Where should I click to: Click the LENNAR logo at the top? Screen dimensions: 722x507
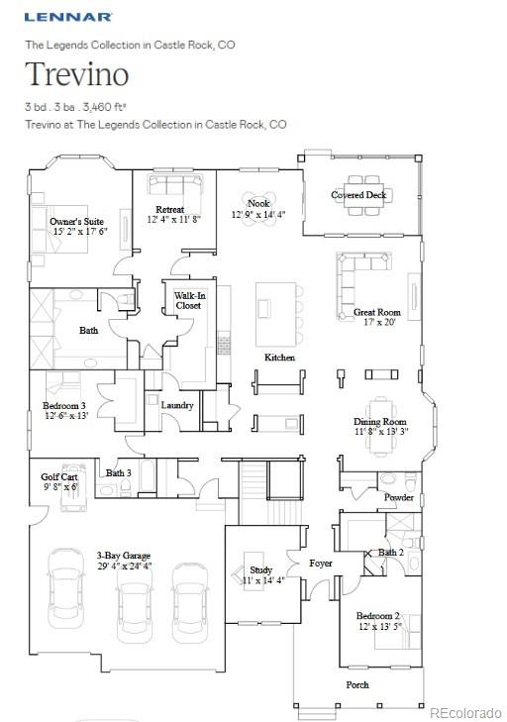pyautogui.click(x=68, y=17)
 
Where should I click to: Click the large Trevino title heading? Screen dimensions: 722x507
pyautogui.click(x=76, y=75)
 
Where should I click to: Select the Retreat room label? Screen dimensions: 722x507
pyautogui.click(x=169, y=210)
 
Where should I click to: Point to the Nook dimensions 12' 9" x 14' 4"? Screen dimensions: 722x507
pyautogui.click(x=258, y=214)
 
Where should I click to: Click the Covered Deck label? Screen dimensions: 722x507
pyautogui.click(x=358, y=195)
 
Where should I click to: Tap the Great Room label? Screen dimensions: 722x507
pyautogui.click(x=377, y=312)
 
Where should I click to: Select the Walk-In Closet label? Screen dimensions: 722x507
pyautogui.click(x=187, y=301)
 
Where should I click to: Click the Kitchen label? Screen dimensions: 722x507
pyautogui.click(x=279, y=357)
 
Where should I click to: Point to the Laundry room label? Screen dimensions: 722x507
pyautogui.click(x=177, y=405)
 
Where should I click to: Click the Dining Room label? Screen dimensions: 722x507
pyautogui.click(x=380, y=422)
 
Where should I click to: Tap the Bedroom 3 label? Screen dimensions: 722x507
pyautogui.click(x=64, y=406)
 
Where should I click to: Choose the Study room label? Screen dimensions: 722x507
pyautogui.click(x=260, y=570)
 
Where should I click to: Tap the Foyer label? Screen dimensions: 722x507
pyautogui.click(x=321, y=564)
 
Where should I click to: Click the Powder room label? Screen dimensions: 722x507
pyautogui.click(x=399, y=497)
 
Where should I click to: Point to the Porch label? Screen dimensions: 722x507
pyautogui.click(x=356, y=684)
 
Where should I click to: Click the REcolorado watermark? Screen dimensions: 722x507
pyautogui.click(x=465, y=712)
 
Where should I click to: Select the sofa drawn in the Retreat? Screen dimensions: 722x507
pyautogui.click(x=175, y=184)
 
